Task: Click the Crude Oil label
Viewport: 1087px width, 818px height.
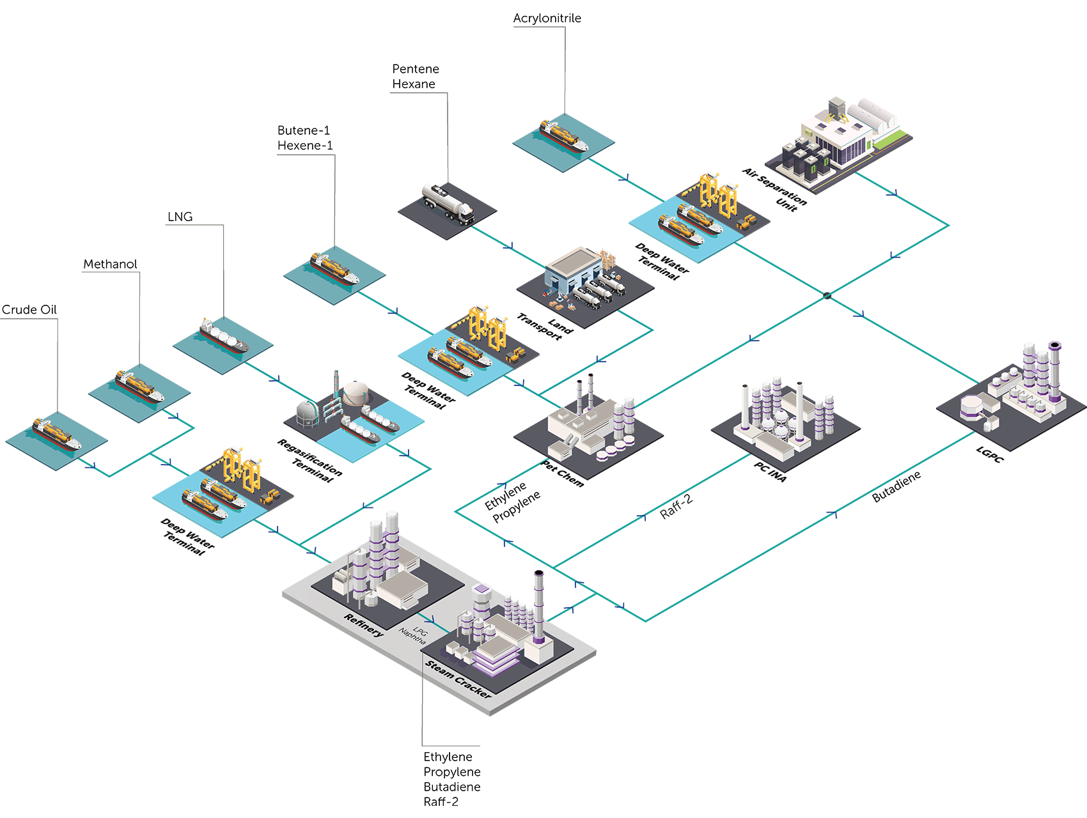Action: (x=29, y=310)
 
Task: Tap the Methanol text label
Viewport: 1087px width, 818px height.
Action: (x=110, y=264)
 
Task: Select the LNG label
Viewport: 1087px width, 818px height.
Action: (x=180, y=217)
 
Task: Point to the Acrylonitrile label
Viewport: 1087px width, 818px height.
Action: (x=547, y=18)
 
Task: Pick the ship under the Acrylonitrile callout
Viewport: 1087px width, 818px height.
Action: (x=563, y=136)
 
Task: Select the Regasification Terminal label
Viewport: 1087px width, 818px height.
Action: (x=309, y=460)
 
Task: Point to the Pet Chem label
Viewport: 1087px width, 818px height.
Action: (x=563, y=474)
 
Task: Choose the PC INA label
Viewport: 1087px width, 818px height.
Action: (x=770, y=472)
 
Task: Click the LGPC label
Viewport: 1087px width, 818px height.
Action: (x=989, y=454)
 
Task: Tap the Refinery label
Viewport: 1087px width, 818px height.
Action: (x=364, y=624)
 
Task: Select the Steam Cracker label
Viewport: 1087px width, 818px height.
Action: (x=458, y=679)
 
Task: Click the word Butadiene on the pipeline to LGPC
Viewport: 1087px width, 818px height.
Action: (x=896, y=486)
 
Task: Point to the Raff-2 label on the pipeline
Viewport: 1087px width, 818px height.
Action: (x=676, y=507)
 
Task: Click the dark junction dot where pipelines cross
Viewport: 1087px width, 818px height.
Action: (x=827, y=295)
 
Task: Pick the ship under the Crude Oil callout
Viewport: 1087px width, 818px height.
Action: (x=57, y=434)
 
